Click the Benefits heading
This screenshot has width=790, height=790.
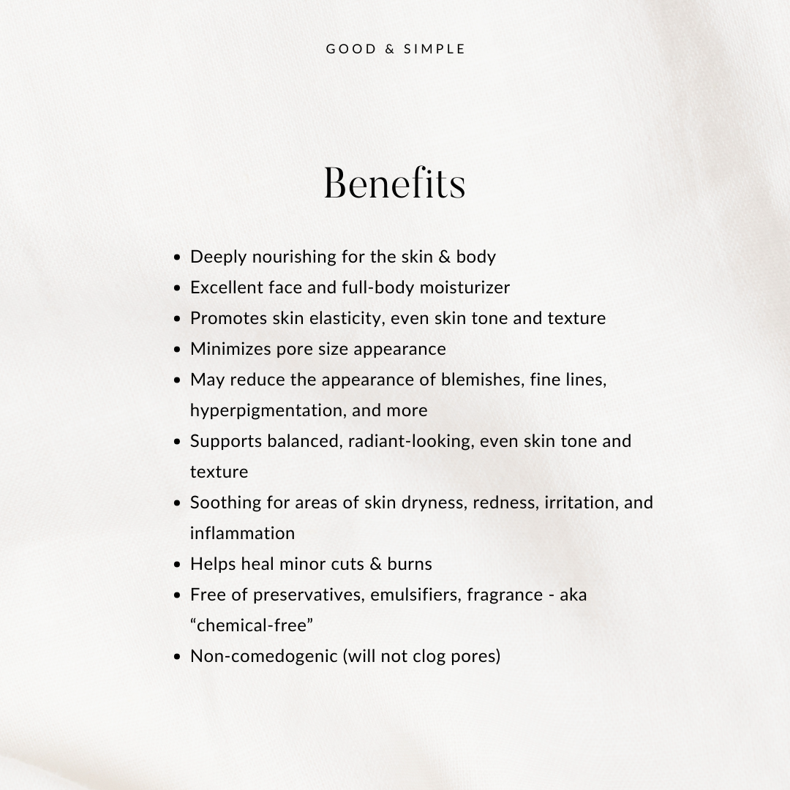[394, 183]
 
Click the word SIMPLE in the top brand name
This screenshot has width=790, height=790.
[434, 49]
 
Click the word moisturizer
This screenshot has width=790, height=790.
[466, 287]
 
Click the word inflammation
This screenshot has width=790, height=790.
[242, 533]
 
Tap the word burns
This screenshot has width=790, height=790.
[412, 564]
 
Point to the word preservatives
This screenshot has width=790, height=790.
[308, 595]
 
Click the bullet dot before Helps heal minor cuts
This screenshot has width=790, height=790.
[177, 565]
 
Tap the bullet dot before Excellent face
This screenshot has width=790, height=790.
[177, 288]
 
